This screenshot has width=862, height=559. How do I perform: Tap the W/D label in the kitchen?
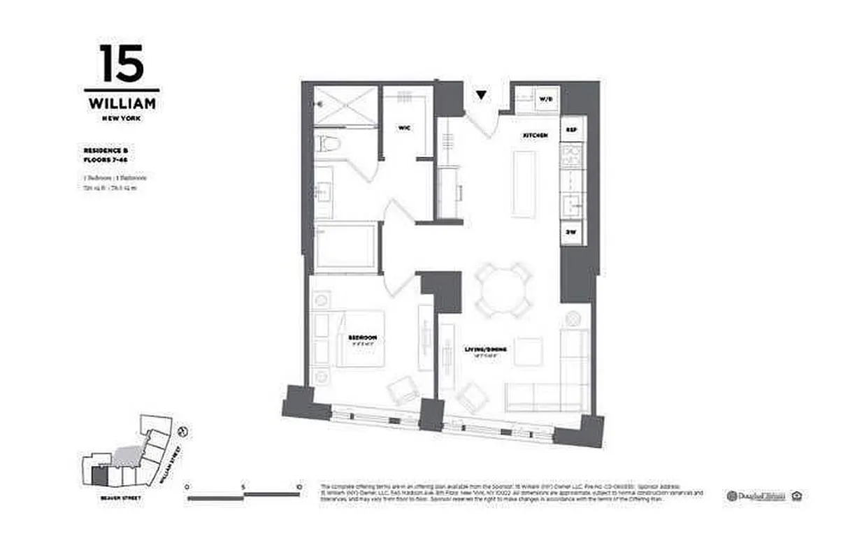coord(545,100)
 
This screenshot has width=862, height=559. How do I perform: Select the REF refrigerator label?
coord(571,130)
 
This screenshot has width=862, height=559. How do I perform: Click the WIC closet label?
coord(403,128)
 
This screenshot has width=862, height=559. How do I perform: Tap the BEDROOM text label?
coord(363,337)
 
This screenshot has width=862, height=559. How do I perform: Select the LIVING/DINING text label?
coord(485,349)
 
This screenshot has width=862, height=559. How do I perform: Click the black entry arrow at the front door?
coord(481,95)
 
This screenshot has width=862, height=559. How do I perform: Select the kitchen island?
coord(524,184)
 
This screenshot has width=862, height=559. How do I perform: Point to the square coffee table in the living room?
coord(529,351)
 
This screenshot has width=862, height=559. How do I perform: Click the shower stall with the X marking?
coord(345,107)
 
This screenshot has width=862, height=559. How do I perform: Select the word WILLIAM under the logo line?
coord(122,104)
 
